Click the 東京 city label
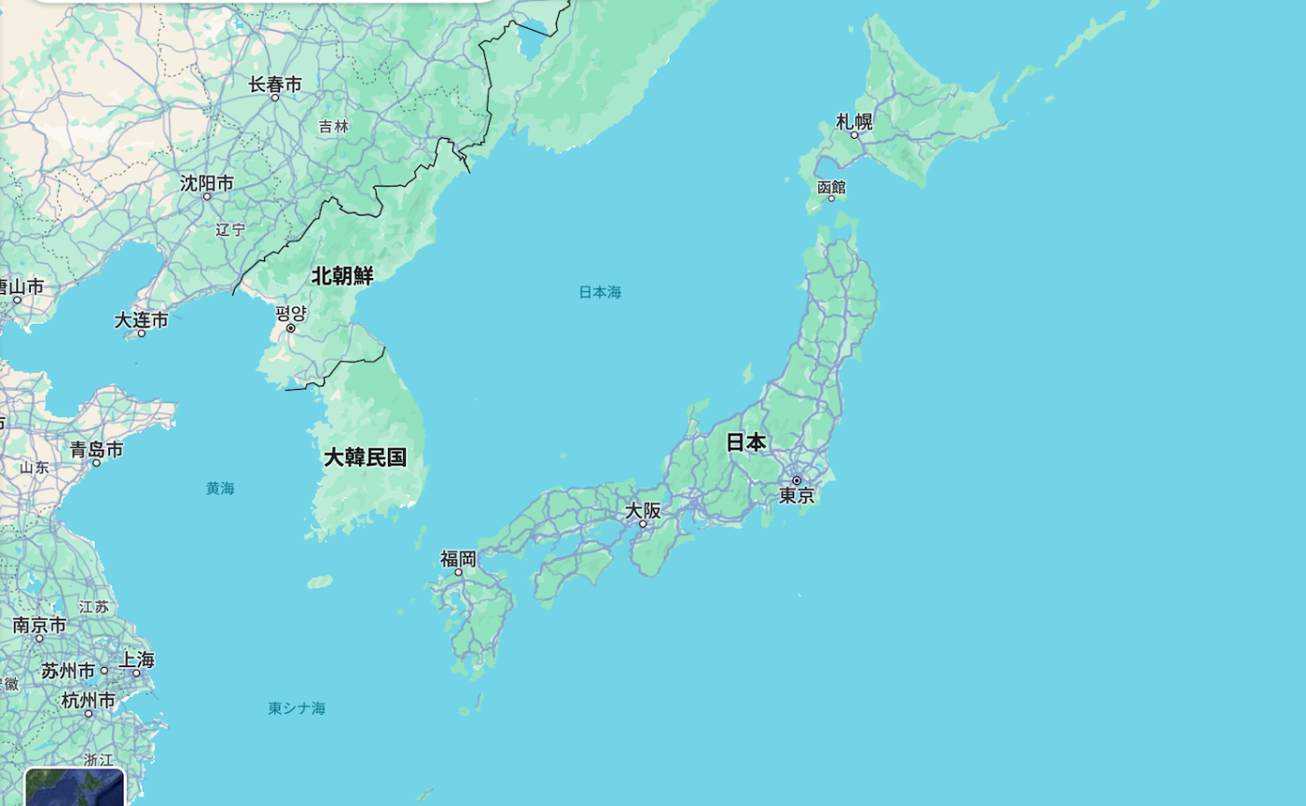coord(798,496)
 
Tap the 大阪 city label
coord(643,510)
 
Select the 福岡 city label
coord(458,559)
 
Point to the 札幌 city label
coord(854,121)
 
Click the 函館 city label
coord(831,187)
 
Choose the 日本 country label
coord(746,442)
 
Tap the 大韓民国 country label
coord(365,457)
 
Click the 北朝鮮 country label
coord(342,275)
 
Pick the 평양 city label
coord(291,313)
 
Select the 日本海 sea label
coord(600,292)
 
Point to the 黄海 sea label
coord(220,488)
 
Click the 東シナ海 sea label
coord(297,708)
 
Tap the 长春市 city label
coord(275,85)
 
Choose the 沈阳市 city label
coord(207,183)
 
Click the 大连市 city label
coord(142,320)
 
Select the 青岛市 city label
coord(96,450)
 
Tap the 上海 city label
coord(136,660)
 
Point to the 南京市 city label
coord(39,625)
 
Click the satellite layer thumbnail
coord(75,787)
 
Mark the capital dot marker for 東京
coord(797,480)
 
